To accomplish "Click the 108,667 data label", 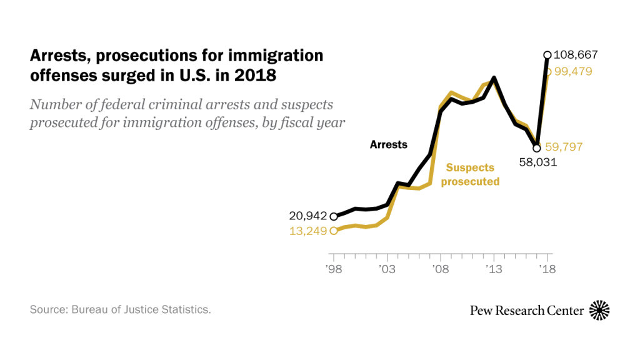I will pos(576,55).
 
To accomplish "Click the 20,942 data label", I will pos(307,216).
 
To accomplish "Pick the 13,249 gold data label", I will pos(307,231).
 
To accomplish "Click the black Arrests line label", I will pos(388,144).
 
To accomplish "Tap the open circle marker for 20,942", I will pos(333,216).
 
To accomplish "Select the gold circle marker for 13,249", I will pos(333,231).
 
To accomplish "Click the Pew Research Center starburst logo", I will pos(599,310).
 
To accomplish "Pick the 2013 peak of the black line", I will pos(494,78).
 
